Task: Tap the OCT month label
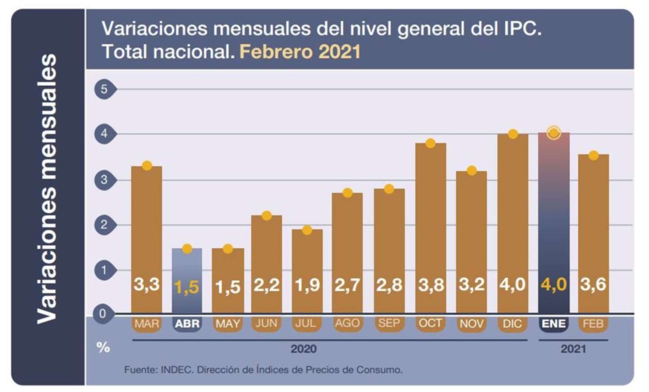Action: pyautogui.click(x=430, y=323)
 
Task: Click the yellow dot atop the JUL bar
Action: pyautogui.click(x=307, y=230)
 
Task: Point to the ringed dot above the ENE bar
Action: pyautogui.click(x=553, y=133)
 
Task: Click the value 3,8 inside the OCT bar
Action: pyautogui.click(x=430, y=285)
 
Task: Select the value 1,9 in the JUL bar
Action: pyautogui.click(x=307, y=285)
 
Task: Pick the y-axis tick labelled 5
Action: pyautogui.click(x=104, y=89)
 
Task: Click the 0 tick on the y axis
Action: pyautogui.click(x=103, y=313)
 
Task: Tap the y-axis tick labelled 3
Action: pyautogui.click(x=104, y=180)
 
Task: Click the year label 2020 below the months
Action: pyautogui.click(x=303, y=349)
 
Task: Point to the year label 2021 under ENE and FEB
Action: pyautogui.click(x=573, y=349)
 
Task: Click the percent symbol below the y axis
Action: pyautogui.click(x=103, y=347)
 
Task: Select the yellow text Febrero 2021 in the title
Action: pyautogui.click(x=300, y=52)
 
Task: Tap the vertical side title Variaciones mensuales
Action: pyautogui.click(x=47, y=189)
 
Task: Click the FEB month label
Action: pyautogui.click(x=593, y=324)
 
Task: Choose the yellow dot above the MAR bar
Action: pyautogui.click(x=147, y=166)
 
